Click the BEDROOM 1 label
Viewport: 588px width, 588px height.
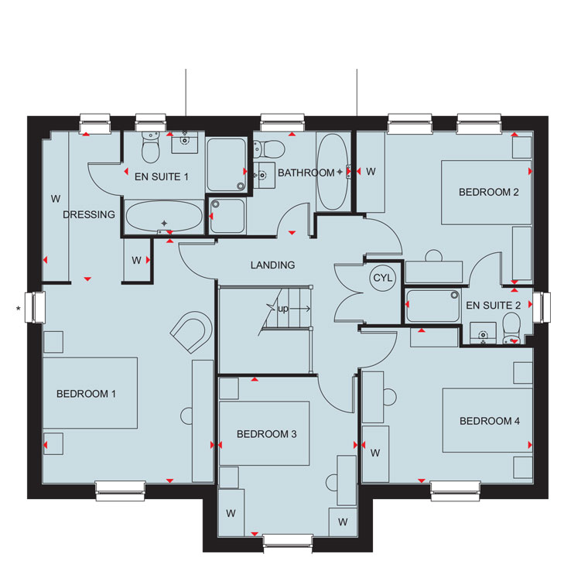coord(86,394)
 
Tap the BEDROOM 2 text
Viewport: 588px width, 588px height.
coord(489,193)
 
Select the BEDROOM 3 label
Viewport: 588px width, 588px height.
coord(267,434)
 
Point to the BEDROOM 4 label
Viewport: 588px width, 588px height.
coord(490,421)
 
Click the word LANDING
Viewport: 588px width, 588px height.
coord(272,265)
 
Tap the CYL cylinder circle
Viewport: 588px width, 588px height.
coord(382,278)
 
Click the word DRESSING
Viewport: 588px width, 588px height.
coord(89,214)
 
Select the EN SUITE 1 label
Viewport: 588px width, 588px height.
coord(161,176)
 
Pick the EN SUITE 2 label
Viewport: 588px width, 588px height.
coord(493,306)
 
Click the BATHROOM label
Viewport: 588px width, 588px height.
coord(306,173)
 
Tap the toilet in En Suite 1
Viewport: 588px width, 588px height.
coord(151,147)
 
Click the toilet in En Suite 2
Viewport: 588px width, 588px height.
coord(511,329)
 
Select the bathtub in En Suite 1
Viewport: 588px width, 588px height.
coord(164,217)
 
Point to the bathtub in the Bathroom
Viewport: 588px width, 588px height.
coord(333,172)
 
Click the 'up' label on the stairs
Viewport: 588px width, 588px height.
coord(283,309)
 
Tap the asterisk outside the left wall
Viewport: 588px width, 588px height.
coord(18,309)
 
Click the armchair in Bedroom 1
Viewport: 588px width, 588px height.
coord(191,331)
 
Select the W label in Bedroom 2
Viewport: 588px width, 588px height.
coord(371,172)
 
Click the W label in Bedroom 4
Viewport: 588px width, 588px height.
coord(375,453)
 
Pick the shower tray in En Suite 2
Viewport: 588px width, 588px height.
coord(433,306)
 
